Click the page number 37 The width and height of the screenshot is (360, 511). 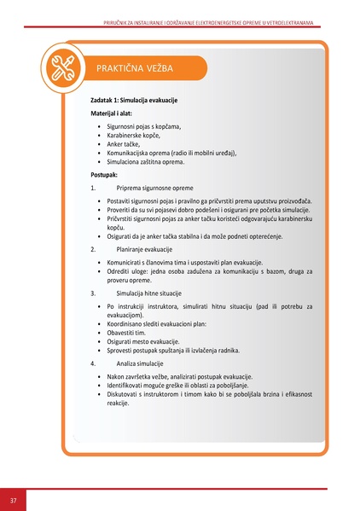click(14, 499)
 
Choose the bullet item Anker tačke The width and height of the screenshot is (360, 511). click(123, 144)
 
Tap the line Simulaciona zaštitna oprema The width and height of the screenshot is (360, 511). click(145, 161)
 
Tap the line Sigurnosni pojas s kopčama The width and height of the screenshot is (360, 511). click(144, 126)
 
